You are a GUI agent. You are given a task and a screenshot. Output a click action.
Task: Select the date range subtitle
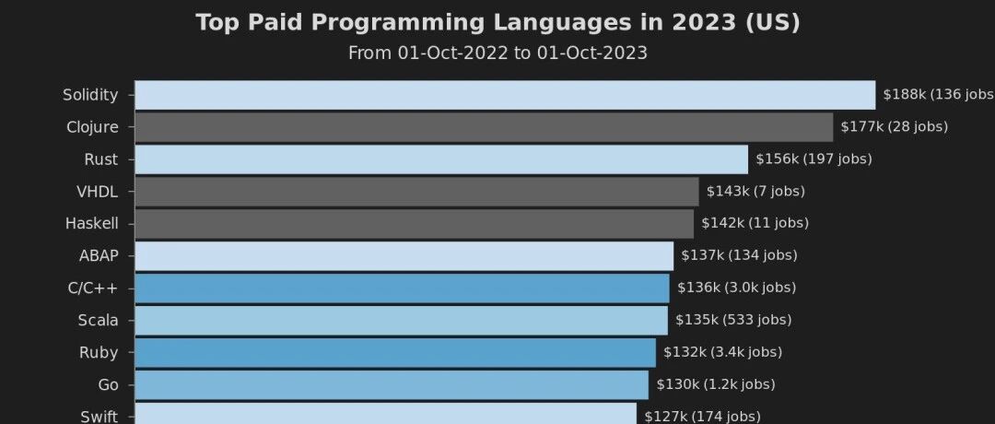(497, 53)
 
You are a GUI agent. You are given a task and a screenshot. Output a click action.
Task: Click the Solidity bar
(505, 95)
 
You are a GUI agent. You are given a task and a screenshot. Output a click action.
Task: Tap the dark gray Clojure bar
(485, 127)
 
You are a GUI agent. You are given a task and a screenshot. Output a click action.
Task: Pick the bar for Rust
(441, 159)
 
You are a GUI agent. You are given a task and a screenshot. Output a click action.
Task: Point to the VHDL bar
(417, 192)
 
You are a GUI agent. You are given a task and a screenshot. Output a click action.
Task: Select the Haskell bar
(415, 224)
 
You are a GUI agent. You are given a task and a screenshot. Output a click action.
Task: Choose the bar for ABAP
(404, 256)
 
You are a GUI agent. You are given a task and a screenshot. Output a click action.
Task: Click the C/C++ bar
(403, 289)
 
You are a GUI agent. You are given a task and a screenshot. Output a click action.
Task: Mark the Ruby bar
(395, 353)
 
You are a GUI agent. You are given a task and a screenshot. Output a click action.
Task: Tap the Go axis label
(108, 385)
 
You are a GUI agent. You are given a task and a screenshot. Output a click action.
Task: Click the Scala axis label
(98, 321)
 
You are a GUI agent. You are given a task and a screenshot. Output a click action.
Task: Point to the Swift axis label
(99, 417)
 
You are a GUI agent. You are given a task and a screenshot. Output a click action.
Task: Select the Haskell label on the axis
(91, 224)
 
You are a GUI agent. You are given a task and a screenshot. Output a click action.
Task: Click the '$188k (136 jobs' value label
(939, 95)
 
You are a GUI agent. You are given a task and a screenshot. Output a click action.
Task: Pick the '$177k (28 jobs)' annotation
(894, 127)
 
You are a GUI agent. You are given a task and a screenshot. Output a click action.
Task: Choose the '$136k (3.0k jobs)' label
(736, 289)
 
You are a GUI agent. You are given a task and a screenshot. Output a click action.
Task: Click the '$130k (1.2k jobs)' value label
(716, 384)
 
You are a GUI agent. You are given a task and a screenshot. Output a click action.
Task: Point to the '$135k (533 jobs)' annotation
(733, 320)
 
